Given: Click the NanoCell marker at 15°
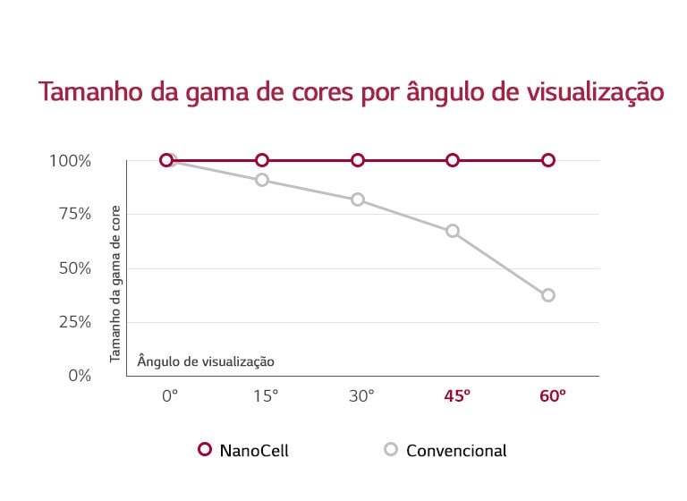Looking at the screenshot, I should [x=262, y=160].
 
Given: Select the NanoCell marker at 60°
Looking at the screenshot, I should [x=548, y=160].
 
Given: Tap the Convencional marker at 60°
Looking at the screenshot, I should [x=548, y=295].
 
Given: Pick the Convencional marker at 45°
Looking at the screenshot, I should [x=453, y=231].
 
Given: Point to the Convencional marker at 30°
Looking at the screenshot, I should [x=358, y=200].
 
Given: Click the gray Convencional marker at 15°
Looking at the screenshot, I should [x=262, y=180].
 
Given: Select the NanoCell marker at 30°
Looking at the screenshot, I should [x=358, y=160].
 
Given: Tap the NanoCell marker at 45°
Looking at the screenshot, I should [x=453, y=160].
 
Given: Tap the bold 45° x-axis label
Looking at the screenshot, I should [x=457, y=395].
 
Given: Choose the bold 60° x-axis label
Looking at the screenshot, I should [x=553, y=395].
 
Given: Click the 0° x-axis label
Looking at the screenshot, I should [x=170, y=395].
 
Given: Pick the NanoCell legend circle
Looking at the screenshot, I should [x=204, y=450].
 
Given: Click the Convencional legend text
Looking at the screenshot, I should [x=456, y=451].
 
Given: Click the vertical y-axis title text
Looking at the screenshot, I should [x=115, y=283].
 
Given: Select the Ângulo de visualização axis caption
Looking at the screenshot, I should [x=206, y=361].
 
